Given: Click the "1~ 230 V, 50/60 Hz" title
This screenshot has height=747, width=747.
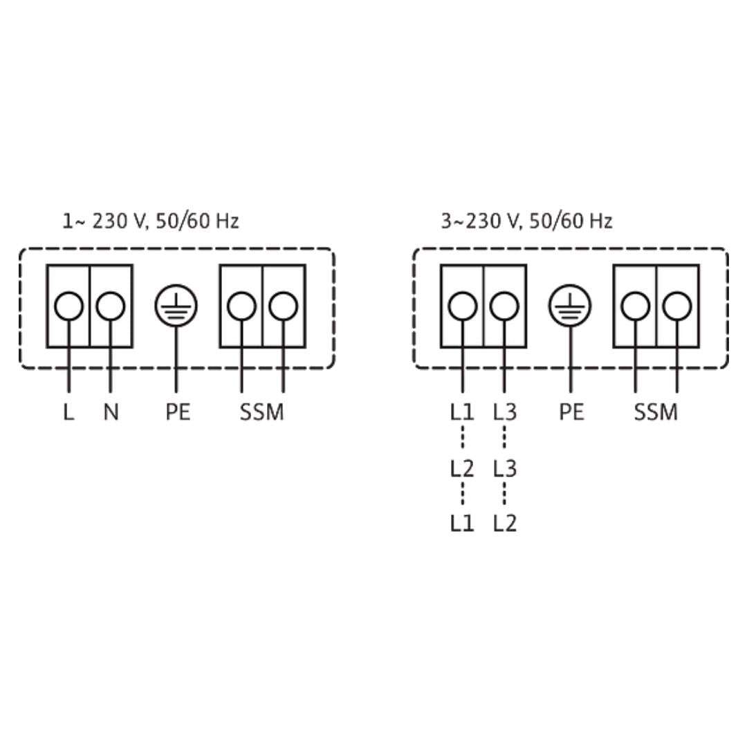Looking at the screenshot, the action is [151, 221].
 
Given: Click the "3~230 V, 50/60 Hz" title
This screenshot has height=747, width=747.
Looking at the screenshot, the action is [526, 221].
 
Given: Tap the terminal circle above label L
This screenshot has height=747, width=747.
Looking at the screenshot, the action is [68, 306].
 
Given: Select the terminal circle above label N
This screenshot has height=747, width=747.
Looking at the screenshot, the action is [111, 306].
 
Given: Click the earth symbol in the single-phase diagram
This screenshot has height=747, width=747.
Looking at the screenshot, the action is [176, 306].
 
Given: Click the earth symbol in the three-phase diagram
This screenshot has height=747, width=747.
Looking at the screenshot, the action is [570, 306].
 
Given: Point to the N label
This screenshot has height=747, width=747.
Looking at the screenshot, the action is [111, 412].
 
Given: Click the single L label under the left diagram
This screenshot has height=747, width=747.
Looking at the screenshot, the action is [68, 412].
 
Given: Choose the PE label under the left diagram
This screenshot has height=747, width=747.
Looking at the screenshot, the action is [178, 412].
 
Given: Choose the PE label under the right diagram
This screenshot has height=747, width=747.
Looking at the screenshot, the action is [571, 412].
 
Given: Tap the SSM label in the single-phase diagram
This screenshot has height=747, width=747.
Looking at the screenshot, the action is [261, 412].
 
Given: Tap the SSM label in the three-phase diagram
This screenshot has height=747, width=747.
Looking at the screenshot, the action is [656, 412].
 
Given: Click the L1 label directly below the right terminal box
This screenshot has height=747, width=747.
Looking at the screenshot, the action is [462, 412].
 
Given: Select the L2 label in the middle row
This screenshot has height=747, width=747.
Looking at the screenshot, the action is [462, 469].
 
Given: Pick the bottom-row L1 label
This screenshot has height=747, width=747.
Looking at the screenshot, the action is [462, 523].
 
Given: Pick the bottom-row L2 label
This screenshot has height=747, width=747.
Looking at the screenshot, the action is [505, 523].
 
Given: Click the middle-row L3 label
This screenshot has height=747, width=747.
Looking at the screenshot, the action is [505, 469].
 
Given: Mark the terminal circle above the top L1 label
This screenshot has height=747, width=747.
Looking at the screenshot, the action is [462, 306].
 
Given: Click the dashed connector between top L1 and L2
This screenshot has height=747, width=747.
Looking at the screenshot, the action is [462, 438].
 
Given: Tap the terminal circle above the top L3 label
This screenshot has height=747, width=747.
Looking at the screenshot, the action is [504, 306].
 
